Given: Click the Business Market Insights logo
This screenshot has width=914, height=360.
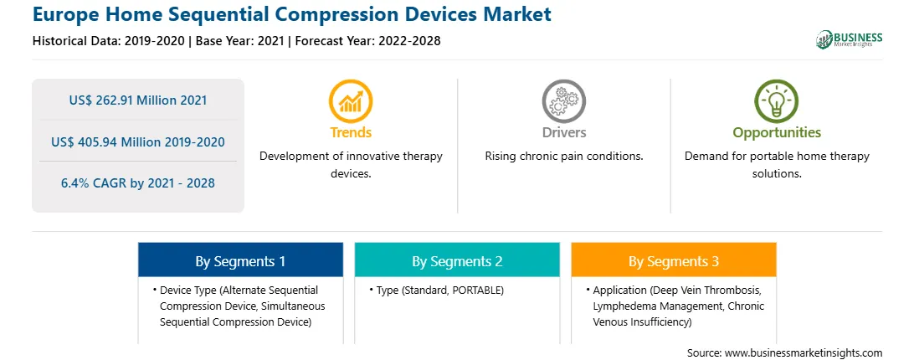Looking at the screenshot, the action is [x=849, y=39].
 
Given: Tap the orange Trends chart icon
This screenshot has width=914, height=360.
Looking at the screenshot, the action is [x=351, y=101].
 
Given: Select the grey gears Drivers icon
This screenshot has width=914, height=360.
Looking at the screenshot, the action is [x=563, y=101].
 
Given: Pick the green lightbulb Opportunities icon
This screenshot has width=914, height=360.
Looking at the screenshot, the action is [x=777, y=101].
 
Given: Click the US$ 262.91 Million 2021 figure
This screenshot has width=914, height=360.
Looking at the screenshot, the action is [x=138, y=100].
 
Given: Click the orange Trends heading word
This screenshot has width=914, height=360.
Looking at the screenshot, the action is [x=351, y=132].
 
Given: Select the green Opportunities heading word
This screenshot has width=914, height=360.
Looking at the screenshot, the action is [x=777, y=133].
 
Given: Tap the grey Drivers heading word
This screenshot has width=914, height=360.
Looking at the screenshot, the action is [x=563, y=132].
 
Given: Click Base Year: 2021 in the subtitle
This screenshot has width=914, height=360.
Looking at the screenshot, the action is [x=239, y=41].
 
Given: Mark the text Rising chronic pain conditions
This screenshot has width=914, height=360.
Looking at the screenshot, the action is [x=563, y=157].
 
